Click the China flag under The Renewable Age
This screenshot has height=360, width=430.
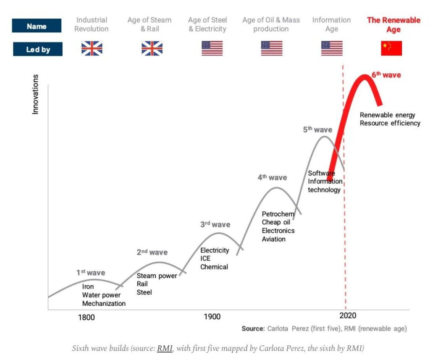[391, 48]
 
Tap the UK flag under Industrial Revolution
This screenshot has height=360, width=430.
[92, 48]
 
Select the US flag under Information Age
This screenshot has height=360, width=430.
[332, 48]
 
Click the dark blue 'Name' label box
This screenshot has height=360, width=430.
[37, 26]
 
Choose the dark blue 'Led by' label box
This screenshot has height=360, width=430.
[38, 50]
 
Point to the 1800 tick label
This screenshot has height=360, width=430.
[87, 317]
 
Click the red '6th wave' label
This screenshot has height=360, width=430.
[386, 75]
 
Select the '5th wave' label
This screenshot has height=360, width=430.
[317, 130]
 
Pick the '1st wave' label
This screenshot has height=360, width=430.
[91, 273]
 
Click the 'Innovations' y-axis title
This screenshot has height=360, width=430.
[35, 95]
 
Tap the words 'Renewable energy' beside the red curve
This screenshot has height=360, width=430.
[387, 115]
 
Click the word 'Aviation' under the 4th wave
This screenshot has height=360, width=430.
[273, 239]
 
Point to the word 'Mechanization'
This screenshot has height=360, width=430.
[104, 303]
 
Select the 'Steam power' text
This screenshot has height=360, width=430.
[157, 276]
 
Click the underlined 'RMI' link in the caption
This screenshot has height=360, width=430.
[165, 348]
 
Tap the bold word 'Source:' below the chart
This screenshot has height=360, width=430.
[253, 328]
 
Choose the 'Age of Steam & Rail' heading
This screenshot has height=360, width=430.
[149, 24]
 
